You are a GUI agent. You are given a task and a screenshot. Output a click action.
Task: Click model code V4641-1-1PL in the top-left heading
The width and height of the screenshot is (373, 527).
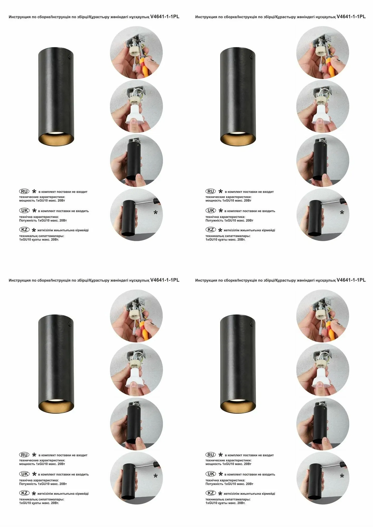(x=165, y=17)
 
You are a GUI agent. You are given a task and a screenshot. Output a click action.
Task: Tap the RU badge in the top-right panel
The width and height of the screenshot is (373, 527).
(x=211, y=191)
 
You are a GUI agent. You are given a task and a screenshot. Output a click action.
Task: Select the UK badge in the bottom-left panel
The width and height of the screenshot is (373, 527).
(x=24, y=474)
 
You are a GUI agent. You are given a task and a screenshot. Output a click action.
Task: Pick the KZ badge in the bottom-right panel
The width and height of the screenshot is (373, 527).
(x=211, y=493)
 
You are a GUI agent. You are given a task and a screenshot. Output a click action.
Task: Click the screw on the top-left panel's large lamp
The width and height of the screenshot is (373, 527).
(x=70, y=56)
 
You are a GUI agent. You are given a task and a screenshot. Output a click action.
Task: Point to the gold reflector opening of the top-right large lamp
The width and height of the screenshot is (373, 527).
(x=238, y=139)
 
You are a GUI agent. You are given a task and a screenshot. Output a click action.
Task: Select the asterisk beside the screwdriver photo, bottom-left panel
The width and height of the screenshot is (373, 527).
(x=156, y=476)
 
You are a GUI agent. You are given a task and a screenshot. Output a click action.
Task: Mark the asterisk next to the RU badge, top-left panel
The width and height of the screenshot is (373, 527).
(x=34, y=191)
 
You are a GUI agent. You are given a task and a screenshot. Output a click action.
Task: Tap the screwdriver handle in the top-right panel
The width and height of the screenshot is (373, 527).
(x=343, y=202)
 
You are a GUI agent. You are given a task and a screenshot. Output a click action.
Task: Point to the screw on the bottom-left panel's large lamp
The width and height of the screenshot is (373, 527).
(x=70, y=324)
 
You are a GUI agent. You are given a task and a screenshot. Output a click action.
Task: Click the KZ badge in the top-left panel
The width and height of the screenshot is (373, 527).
(x=24, y=230)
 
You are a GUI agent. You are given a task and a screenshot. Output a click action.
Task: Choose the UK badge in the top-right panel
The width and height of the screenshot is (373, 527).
(x=211, y=210)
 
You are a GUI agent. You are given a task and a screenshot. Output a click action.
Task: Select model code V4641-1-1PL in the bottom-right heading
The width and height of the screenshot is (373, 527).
(x=351, y=280)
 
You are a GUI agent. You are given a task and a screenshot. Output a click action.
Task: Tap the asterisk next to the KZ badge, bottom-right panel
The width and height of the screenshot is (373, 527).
(x=220, y=494)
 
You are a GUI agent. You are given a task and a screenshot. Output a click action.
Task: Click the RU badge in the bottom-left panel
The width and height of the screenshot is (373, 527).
(x=24, y=455)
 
